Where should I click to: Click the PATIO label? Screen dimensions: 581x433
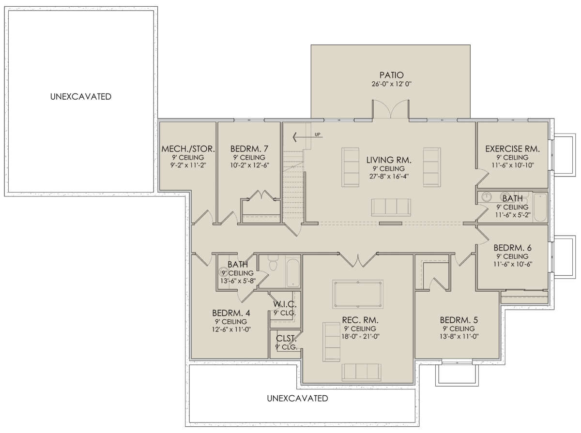click(392, 75)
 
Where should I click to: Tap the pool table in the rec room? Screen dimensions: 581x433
click(358, 294)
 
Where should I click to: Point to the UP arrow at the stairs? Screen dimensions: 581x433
click(307, 137)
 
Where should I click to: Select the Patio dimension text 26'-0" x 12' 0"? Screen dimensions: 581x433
click(392, 84)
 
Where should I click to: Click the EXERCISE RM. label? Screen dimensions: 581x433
click(512, 149)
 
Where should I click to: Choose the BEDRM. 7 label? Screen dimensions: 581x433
click(249, 149)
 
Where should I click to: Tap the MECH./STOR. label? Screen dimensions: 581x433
click(188, 149)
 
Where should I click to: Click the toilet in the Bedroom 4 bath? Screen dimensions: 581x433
click(273, 263)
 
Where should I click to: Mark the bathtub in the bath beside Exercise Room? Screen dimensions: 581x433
click(540, 208)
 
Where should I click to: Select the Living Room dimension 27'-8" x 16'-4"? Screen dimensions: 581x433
click(389, 177)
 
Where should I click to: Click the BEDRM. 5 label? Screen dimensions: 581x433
click(459, 320)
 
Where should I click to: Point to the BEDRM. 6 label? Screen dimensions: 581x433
click(512, 248)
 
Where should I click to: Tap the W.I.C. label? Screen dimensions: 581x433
click(285, 304)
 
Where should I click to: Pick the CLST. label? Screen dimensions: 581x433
click(286, 338)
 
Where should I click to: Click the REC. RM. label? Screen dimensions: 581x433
click(360, 320)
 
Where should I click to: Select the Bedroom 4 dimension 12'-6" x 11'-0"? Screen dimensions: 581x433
click(231, 329)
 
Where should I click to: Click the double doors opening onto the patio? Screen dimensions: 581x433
click(391, 109)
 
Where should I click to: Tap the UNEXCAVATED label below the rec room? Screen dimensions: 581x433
click(297, 398)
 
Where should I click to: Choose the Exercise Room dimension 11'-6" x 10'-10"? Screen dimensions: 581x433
click(513, 165)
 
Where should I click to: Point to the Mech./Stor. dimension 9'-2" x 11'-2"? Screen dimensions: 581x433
click(188, 165)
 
